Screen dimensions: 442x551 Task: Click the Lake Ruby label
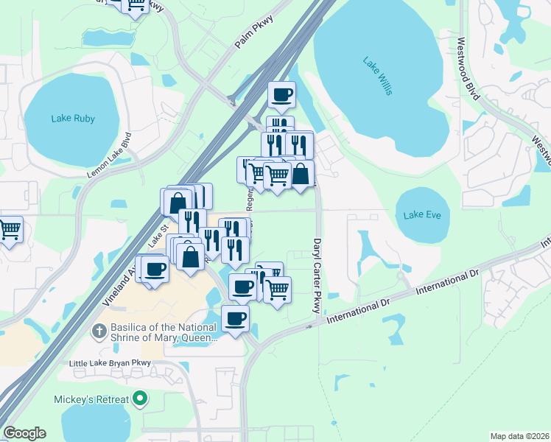pyautogui.click(x=74, y=118)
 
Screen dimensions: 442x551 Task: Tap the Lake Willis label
pyautogui.click(x=377, y=75)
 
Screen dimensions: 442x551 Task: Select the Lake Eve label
pyautogui.click(x=421, y=215)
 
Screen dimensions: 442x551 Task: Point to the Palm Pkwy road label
pyautogui.click(x=253, y=35)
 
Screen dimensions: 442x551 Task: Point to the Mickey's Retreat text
pyautogui.click(x=91, y=400)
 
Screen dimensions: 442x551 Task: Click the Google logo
pyautogui.click(x=24, y=433)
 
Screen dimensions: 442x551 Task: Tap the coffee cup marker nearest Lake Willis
pyautogui.click(x=281, y=94)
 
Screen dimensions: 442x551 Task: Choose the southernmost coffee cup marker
pyautogui.click(x=235, y=319)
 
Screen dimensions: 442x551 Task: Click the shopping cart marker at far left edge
pyautogui.click(x=9, y=230)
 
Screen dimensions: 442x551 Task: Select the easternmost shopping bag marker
pyautogui.click(x=301, y=174)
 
